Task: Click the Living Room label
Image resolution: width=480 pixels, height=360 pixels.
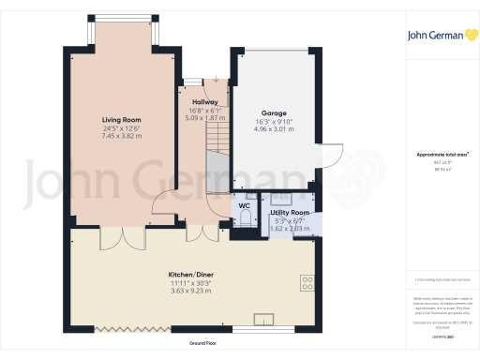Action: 121,119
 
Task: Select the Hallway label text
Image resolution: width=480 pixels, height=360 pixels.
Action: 205,102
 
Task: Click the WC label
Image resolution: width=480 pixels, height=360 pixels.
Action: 243,204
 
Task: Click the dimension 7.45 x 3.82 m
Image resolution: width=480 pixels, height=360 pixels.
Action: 121,136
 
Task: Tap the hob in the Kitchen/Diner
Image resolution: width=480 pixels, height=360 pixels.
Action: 307,281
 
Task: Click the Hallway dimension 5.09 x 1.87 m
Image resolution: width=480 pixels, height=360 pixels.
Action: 205,118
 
